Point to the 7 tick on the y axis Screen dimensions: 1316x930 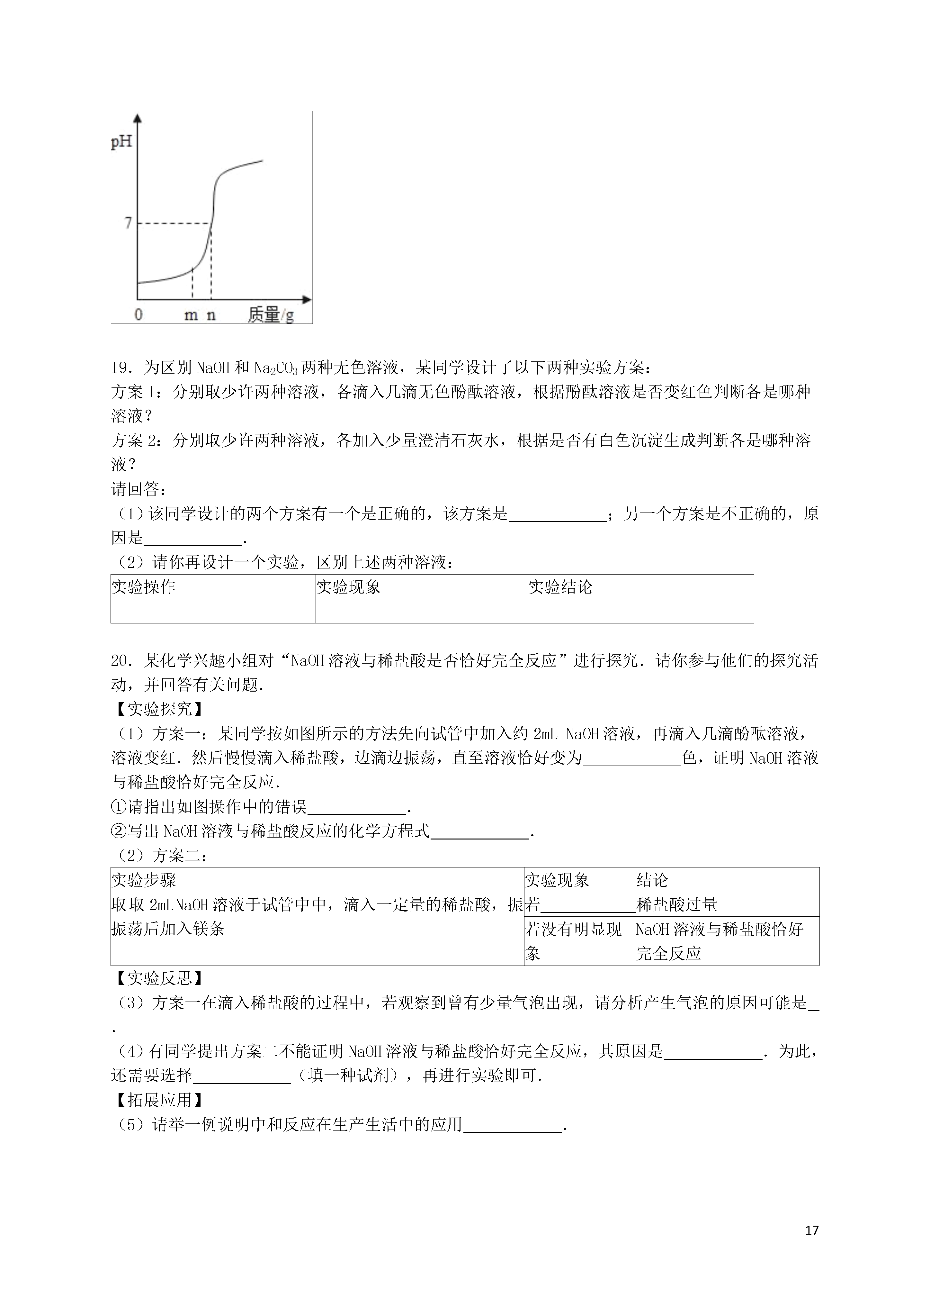(128, 223)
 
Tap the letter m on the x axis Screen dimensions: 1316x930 (191, 315)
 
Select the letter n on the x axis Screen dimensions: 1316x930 (211, 315)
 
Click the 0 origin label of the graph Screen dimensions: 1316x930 (138, 315)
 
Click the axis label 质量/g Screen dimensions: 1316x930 (271, 315)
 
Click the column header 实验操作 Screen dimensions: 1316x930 (143, 587)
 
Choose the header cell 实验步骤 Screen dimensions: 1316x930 (143, 880)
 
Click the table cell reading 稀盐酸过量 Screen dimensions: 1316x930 (677, 904)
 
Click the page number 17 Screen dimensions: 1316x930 (811, 1230)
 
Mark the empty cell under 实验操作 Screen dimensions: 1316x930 (213, 611)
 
